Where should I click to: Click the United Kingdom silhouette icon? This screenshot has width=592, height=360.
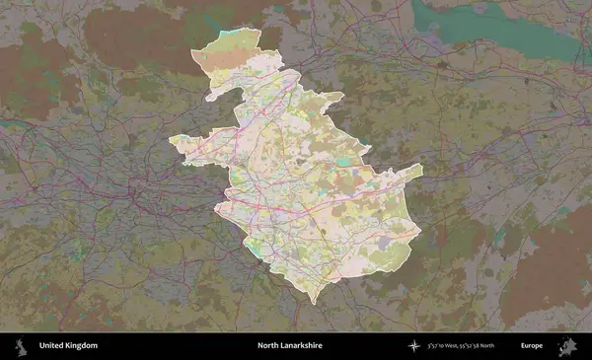point(19,346)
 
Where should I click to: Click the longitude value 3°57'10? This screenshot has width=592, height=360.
point(440,346)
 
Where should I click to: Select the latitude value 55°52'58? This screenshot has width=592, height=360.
point(480,346)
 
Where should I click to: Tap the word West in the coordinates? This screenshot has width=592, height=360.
point(460,346)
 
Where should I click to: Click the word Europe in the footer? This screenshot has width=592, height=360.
point(532,346)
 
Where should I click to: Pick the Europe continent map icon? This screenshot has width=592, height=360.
point(568,346)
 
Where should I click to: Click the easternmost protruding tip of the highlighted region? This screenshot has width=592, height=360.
point(421,169)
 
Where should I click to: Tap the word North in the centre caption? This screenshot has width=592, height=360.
point(267,346)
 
